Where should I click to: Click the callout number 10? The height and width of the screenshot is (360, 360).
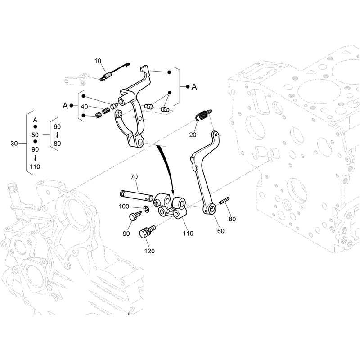click(x=98, y=61)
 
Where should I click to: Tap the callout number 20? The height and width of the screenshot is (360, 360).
click(x=193, y=135)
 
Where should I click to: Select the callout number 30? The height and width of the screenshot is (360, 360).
click(x=14, y=144)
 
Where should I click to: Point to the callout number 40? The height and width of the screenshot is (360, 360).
click(x=84, y=107)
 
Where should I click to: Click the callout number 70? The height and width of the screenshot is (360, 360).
click(x=134, y=177)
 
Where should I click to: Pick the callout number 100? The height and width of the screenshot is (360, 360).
click(x=124, y=207)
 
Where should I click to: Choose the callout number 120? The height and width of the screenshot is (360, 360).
click(x=149, y=251)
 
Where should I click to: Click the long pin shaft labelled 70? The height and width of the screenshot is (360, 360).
click(x=137, y=195)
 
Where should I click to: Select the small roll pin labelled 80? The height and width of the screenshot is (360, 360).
click(x=224, y=200)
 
